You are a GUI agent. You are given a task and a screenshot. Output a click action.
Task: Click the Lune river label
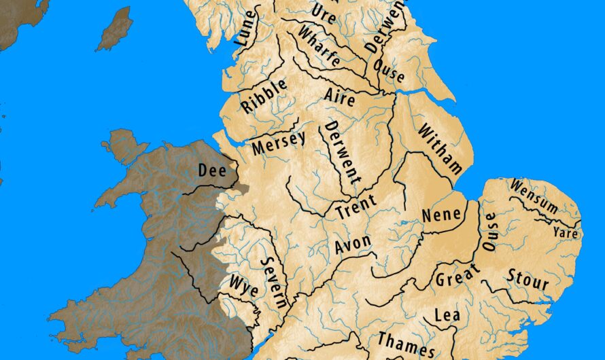coord(246,29)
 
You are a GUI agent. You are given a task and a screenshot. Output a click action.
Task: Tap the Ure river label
coord(324,12)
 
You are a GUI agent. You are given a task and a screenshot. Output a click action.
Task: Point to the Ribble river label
coord(264,96)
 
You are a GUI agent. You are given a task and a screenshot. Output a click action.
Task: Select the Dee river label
coord(211,170)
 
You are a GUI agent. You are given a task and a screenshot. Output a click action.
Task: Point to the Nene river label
coord(442,214)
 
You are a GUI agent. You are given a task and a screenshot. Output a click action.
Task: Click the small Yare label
coord(565,233)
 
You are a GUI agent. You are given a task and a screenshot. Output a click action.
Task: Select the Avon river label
coord(353,244)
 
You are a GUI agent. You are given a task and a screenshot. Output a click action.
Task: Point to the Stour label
coord(528,279)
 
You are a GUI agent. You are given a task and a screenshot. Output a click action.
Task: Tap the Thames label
coord(406,345)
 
